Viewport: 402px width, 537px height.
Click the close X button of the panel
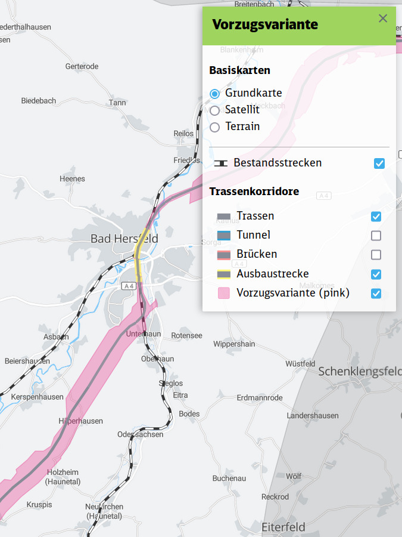pyautogui.click(x=383, y=18)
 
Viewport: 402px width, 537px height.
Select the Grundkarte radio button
pyautogui.click(x=215, y=94)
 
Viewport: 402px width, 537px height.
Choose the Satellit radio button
pyautogui.click(x=215, y=110)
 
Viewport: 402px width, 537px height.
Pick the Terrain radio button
pyautogui.click(x=215, y=127)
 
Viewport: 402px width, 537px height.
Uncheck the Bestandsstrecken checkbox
pyautogui.click(x=379, y=163)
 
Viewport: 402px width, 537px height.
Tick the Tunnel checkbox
pyautogui.click(x=376, y=236)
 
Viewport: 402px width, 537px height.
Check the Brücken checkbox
pyautogui.click(x=376, y=255)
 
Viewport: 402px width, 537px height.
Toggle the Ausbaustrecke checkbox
pyautogui.click(x=376, y=274)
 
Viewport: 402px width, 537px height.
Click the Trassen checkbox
pyautogui.click(x=376, y=217)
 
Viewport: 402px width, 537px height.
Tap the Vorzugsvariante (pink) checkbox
pyautogui.click(x=376, y=294)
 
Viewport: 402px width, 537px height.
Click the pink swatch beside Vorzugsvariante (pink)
pyautogui.click(x=223, y=294)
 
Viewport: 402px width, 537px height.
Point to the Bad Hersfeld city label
pyautogui.click(x=124, y=239)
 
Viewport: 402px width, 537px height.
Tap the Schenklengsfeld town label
pyautogui.click(x=360, y=371)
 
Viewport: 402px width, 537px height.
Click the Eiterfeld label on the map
pyautogui.click(x=283, y=527)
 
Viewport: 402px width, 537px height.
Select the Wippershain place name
pyautogui.click(x=234, y=344)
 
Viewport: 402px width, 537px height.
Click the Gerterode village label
pyautogui.click(x=82, y=66)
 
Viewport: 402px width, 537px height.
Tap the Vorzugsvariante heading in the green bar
pyautogui.click(x=265, y=24)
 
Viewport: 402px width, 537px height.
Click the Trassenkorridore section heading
pyautogui.click(x=254, y=192)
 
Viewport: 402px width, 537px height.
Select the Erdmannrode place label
pyautogui.click(x=260, y=397)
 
